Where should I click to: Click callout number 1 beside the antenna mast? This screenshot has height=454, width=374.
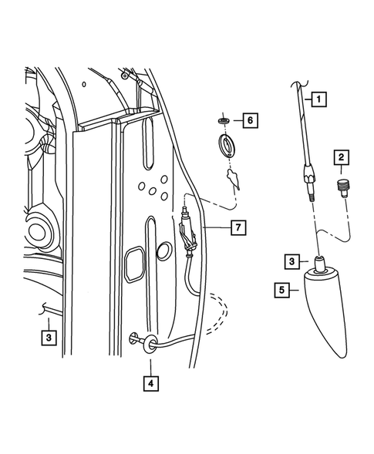point(318,98)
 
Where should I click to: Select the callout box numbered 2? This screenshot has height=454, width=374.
point(339,160)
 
